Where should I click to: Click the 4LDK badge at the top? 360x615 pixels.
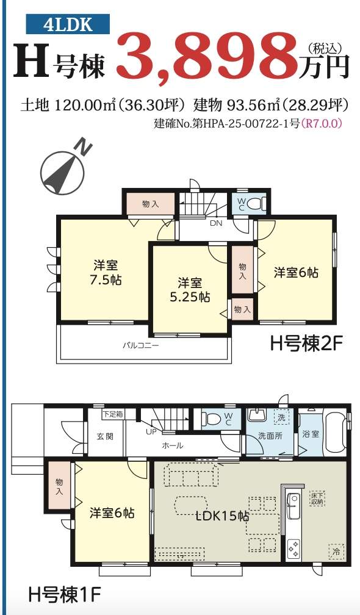(68, 24)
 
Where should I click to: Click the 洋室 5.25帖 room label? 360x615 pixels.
(190, 290)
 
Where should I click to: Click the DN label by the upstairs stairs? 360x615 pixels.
(216, 223)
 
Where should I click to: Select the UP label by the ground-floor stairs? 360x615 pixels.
(151, 432)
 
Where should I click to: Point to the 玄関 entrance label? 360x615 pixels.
(105, 436)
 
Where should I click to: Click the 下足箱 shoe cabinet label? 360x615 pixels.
(112, 414)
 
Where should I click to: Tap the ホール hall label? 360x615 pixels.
(173, 445)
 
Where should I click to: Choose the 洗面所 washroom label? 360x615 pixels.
(270, 436)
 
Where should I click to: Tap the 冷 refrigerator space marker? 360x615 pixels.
(336, 552)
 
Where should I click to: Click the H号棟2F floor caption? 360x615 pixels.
(301, 344)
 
